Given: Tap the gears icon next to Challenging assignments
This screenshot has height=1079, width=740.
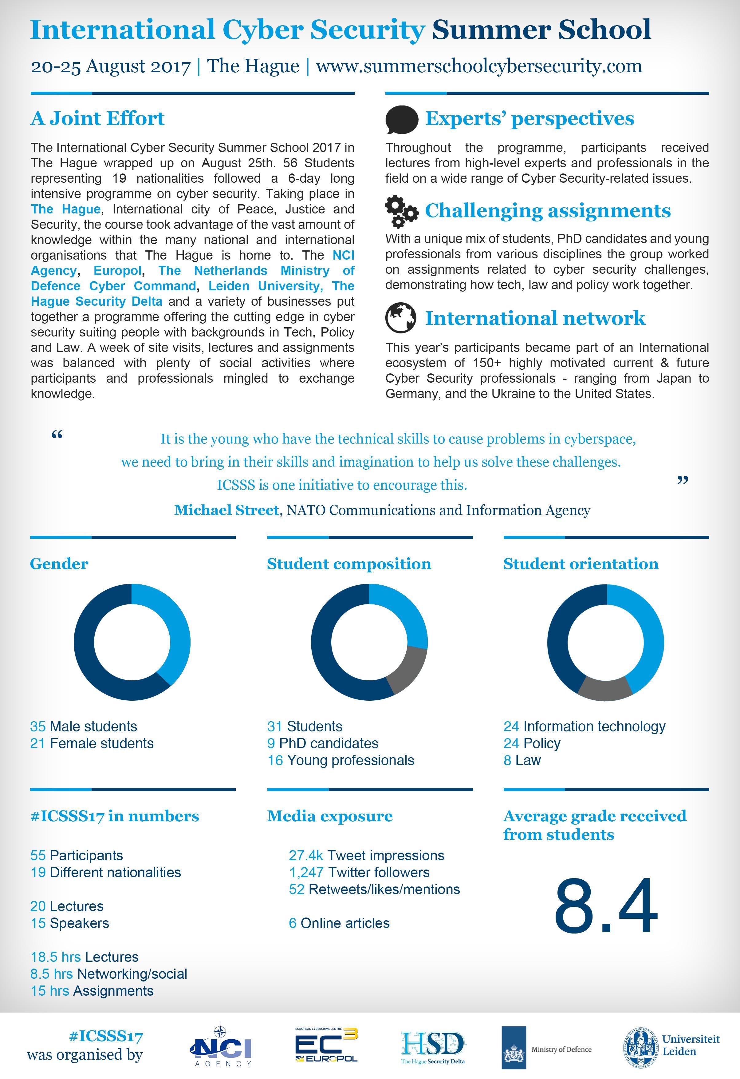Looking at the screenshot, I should pos(401,212).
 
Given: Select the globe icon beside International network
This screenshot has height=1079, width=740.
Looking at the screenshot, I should pos(401,318).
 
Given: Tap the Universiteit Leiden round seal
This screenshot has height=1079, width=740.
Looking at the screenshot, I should pos(641,1047).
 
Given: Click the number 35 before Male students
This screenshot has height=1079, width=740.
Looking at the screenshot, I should pos(38,726).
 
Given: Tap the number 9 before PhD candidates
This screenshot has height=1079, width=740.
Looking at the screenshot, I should pos(271,743).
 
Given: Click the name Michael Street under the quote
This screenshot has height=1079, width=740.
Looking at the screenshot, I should pos(226,510).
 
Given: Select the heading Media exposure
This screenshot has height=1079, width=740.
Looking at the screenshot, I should pos(329,816).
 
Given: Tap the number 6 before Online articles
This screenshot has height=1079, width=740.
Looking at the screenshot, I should pos(292,923).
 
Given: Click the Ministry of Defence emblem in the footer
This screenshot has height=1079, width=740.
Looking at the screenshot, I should pos(514,1047).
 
